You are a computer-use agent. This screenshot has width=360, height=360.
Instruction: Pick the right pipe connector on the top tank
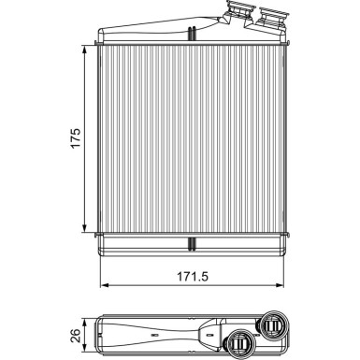[272, 17]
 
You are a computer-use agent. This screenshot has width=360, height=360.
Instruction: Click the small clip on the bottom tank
[191, 245]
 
